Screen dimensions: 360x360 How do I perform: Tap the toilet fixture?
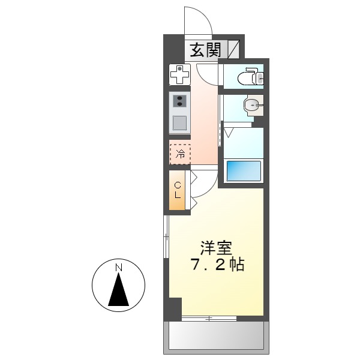point(248,77)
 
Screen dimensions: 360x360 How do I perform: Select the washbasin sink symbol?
point(253,106)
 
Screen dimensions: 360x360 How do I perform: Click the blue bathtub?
point(244,170)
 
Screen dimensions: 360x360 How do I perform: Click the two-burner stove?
point(179,101)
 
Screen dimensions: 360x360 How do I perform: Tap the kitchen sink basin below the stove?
point(179,123)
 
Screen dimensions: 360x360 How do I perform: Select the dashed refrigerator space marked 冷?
point(179,152)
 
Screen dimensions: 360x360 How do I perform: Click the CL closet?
point(178,190)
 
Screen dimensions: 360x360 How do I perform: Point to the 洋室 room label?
point(215,247)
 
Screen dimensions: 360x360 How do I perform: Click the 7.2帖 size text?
point(218,265)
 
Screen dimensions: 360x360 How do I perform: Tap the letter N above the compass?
point(119,266)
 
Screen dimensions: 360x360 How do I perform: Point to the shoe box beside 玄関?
point(233,49)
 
